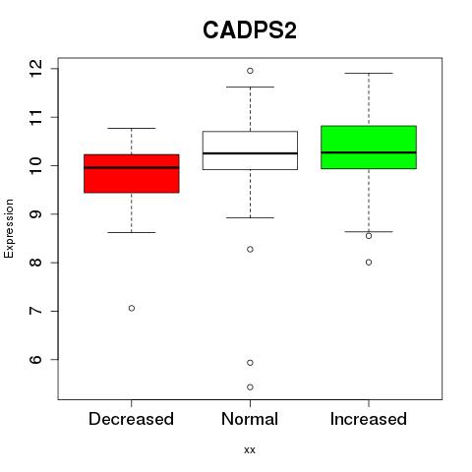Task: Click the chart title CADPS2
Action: (250, 30)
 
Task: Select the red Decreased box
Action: (132, 173)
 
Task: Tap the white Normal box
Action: (250, 150)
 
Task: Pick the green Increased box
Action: (369, 147)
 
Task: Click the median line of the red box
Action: (132, 167)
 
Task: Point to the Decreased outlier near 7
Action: (132, 308)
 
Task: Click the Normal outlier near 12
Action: (250, 71)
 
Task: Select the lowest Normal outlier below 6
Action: (250, 387)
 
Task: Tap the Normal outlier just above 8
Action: (250, 250)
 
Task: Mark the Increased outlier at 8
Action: (369, 263)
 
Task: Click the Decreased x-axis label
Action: (131, 419)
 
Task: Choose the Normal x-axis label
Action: (250, 419)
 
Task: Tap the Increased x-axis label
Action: (369, 419)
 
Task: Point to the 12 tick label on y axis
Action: (35, 69)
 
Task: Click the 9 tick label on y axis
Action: (35, 214)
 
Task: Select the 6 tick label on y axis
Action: (35, 359)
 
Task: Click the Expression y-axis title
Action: (9, 228)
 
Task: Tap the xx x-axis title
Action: (250, 449)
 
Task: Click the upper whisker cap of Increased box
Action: (369, 73)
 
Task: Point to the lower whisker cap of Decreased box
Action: (132, 232)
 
